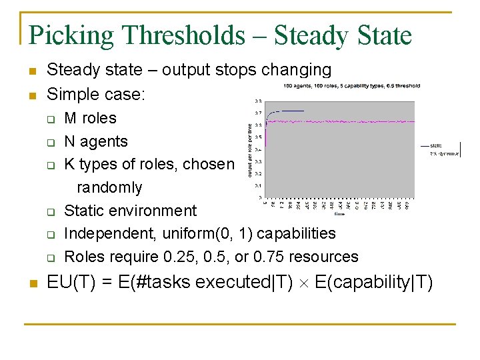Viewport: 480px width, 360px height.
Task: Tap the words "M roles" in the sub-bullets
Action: point(90,119)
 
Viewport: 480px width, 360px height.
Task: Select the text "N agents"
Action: point(95,141)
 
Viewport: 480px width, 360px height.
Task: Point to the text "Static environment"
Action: point(130,211)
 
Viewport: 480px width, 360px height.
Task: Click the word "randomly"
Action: point(109,188)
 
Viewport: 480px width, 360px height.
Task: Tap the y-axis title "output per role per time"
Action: point(249,150)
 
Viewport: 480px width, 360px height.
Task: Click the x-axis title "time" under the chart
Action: point(339,215)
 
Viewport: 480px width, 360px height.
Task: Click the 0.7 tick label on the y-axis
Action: point(257,113)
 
